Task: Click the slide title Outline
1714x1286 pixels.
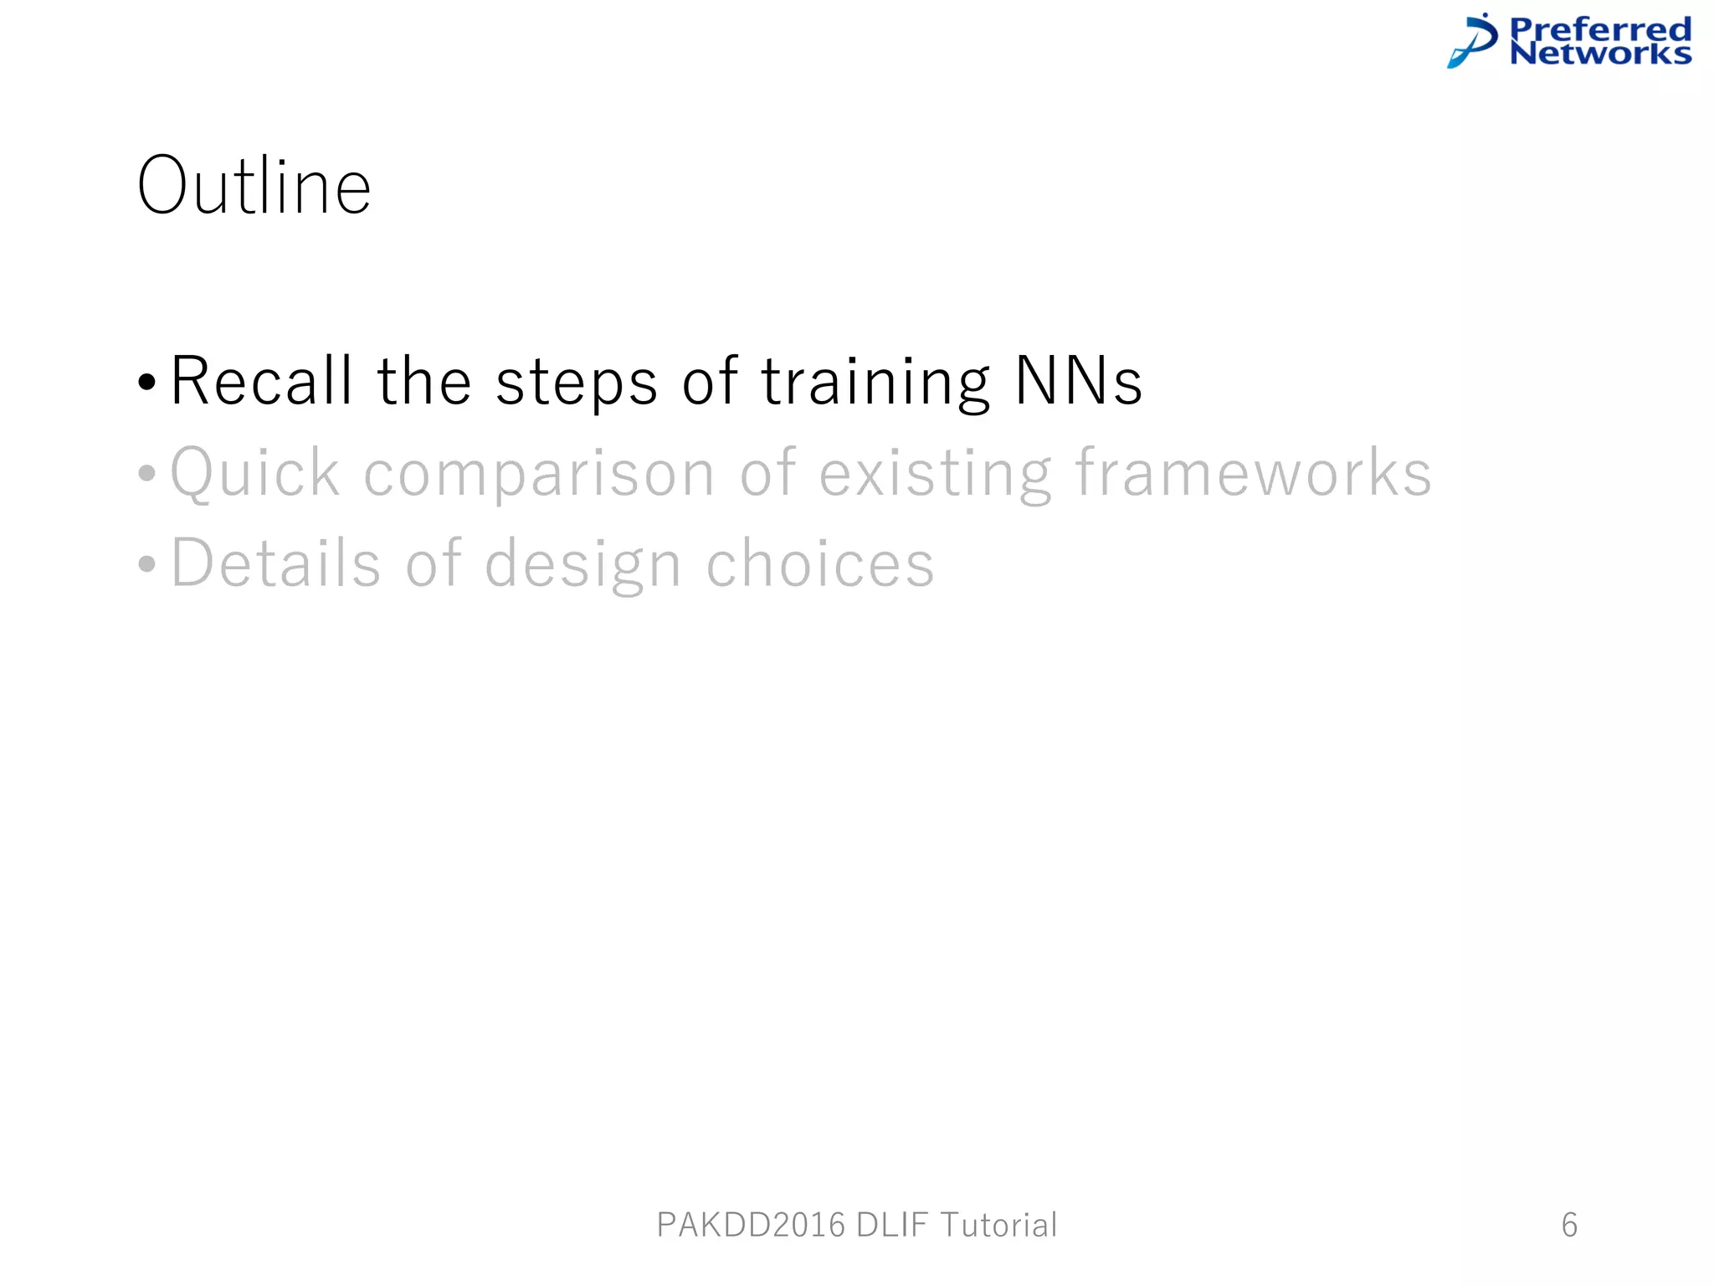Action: pyautogui.click(x=254, y=186)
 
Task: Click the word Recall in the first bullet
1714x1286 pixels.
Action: pyautogui.click(x=261, y=381)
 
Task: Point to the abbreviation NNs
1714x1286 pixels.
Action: pyautogui.click(x=1078, y=381)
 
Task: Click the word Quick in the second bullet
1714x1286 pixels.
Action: pyautogui.click(x=255, y=473)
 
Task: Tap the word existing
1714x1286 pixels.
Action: pyautogui.click(x=935, y=474)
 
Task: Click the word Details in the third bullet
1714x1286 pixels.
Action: pyautogui.click(x=276, y=563)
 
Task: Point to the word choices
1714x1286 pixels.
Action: pyautogui.click(x=820, y=563)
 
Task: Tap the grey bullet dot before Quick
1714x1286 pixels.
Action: pyautogui.click(x=147, y=474)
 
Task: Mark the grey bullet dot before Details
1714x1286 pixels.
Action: pyautogui.click(x=147, y=564)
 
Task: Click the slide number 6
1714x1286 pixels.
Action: pyautogui.click(x=1569, y=1225)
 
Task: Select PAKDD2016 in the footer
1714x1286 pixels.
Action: pyautogui.click(x=751, y=1225)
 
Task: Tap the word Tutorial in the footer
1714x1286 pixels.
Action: pyautogui.click(x=998, y=1225)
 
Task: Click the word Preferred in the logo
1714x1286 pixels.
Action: pyautogui.click(x=1600, y=29)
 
